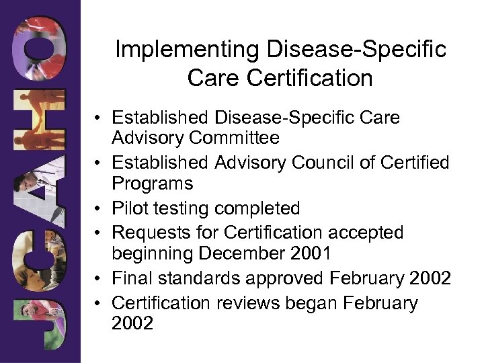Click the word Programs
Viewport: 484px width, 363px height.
(x=153, y=183)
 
